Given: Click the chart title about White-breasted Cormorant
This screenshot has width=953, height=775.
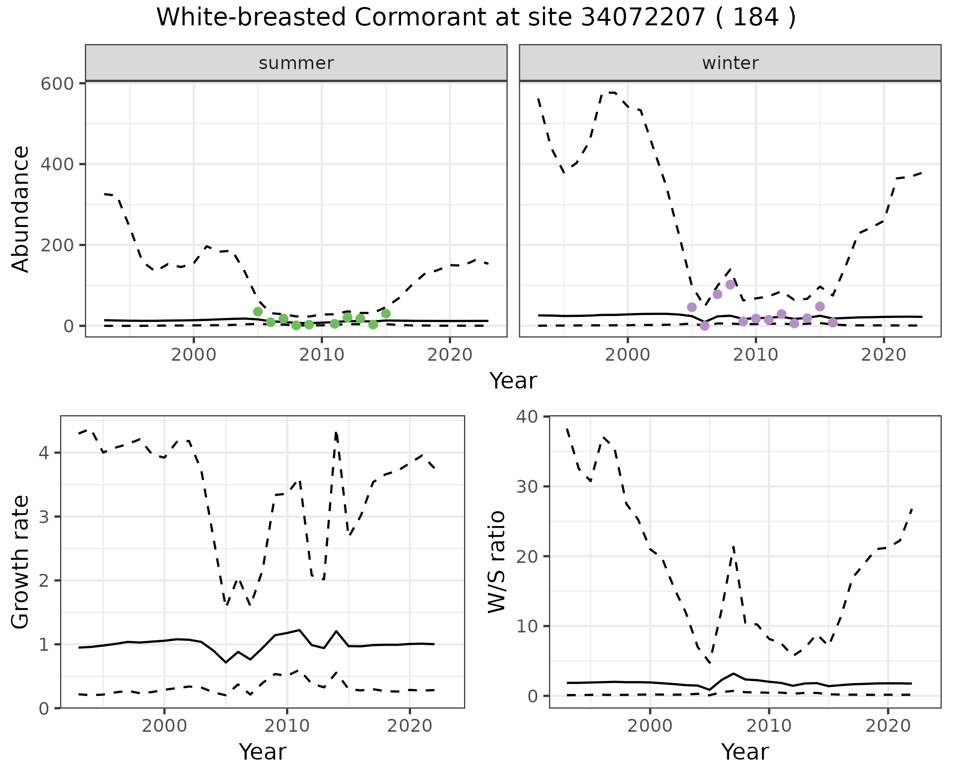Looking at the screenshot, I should click(x=476, y=18).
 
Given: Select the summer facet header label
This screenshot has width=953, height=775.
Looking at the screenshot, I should click(x=296, y=63).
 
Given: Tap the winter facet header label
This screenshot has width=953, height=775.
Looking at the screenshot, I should click(x=730, y=63).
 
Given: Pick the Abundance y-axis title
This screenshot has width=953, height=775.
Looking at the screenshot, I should click(x=20, y=209).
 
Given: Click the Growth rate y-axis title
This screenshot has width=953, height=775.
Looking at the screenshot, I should click(x=20, y=562).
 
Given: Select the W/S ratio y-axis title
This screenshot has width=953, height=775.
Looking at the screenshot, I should click(x=497, y=562).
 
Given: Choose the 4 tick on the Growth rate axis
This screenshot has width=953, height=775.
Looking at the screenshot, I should click(x=44, y=453).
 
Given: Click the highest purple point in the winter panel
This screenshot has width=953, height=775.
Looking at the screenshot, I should click(x=730, y=285).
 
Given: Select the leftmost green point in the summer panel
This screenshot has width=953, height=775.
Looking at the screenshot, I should click(x=258, y=311).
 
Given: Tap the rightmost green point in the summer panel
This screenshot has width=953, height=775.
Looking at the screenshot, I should click(x=386, y=313).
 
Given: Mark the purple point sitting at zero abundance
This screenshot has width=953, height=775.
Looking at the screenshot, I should click(x=704, y=326).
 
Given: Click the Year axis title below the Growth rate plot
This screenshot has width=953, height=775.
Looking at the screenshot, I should click(x=262, y=752).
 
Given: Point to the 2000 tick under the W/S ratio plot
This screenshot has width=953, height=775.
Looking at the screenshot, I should click(x=650, y=726).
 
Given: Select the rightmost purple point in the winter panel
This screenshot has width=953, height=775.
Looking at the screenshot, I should click(x=833, y=323).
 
